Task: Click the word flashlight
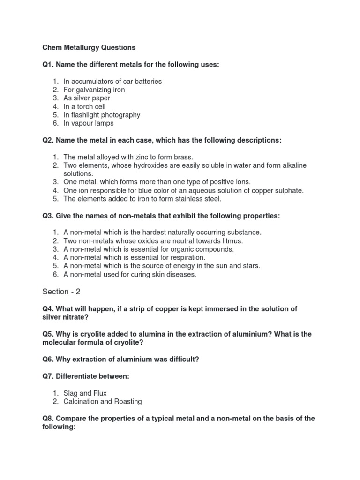pyautogui.click(x=87, y=115)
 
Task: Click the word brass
pyautogui.click(x=183, y=157)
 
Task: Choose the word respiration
pyautogui.click(x=187, y=257)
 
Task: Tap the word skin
pyautogui.click(x=150, y=274)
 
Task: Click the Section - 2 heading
pyautogui.click(x=61, y=292)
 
